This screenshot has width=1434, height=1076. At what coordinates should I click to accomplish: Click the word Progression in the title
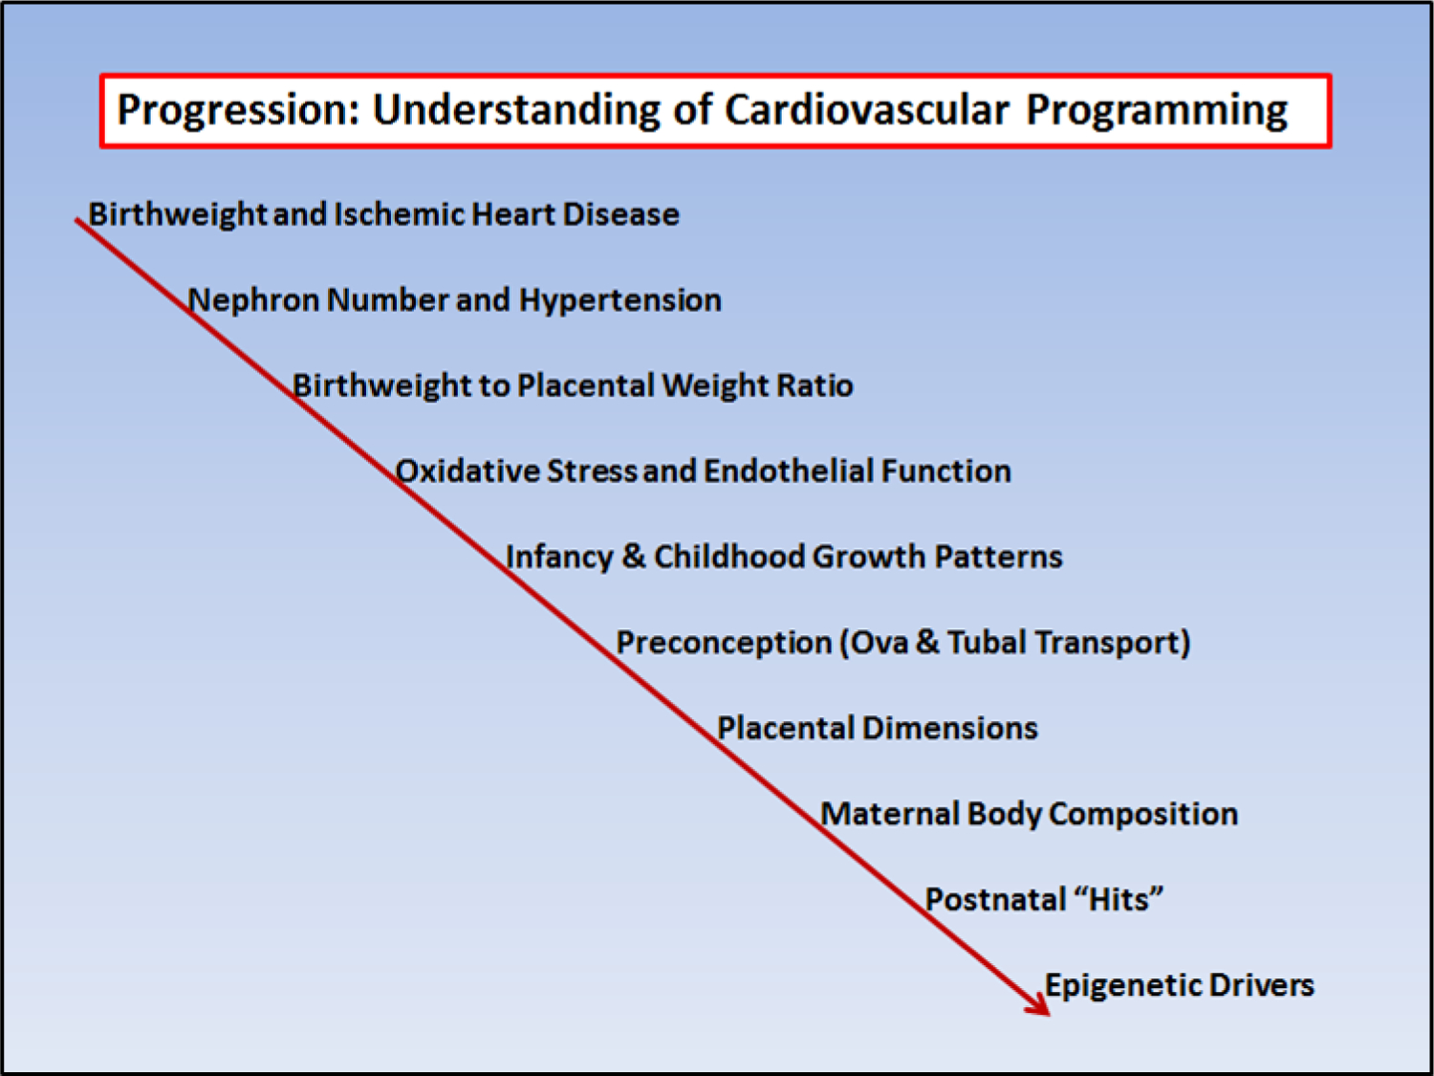(238, 110)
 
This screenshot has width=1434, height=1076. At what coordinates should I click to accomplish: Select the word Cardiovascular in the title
(867, 109)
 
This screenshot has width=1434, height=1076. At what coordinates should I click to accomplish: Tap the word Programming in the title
(1157, 111)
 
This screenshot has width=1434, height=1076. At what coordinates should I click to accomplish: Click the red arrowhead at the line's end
(1037, 1003)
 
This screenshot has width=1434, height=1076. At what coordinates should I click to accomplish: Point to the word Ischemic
(399, 214)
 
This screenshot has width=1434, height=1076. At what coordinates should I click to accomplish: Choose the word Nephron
(252, 300)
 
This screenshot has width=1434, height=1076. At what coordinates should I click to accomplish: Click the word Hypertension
(620, 300)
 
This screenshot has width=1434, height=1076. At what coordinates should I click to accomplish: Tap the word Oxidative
(467, 471)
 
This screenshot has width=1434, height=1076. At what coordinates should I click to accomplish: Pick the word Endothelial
(789, 471)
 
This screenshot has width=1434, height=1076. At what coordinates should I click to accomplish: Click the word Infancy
(559, 558)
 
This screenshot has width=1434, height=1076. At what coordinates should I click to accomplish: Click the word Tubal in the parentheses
(988, 642)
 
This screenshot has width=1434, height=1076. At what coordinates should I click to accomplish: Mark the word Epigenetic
(1123, 986)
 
